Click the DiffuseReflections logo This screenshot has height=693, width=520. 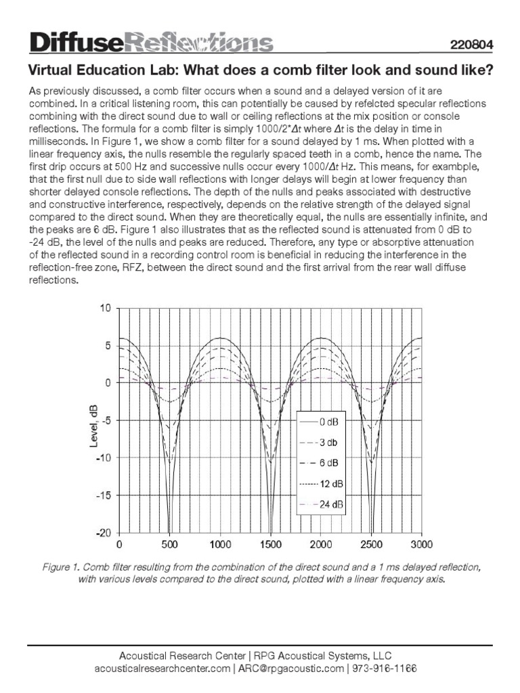point(150,43)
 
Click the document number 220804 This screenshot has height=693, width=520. point(471,45)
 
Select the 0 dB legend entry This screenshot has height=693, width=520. point(322,422)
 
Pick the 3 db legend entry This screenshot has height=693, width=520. point(322,443)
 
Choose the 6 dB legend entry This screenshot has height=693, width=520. point(322,463)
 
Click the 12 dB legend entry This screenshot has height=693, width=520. point(322,484)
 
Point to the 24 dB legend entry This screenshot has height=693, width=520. point(322,504)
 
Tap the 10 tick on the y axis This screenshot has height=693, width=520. point(105,309)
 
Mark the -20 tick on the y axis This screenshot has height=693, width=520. point(103,533)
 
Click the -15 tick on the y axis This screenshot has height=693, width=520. point(103,495)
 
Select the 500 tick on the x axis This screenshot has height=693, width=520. point(169,545)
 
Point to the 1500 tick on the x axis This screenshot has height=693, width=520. point(270,545)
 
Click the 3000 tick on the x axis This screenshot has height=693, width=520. point(421,545)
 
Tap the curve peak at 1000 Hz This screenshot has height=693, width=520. point(220,338)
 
